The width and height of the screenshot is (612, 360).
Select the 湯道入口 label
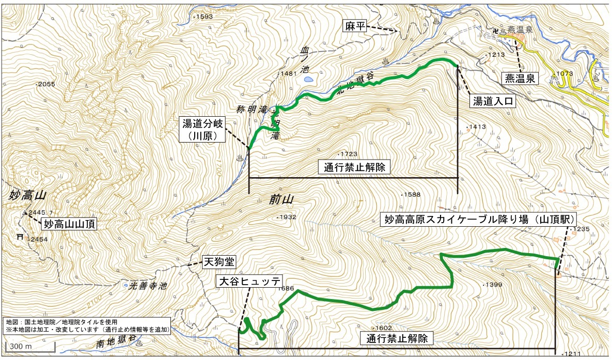tap(493, 101)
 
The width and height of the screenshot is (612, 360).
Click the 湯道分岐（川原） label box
tap(202, 129)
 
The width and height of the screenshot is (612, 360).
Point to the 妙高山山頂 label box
tap(69, 224)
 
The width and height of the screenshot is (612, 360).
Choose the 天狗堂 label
tap(218, 262)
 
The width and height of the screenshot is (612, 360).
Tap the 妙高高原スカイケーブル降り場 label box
tap(478, 219)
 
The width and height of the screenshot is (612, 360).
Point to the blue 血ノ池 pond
tap(308, 80)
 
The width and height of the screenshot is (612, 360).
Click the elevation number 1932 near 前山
tap(287, 217)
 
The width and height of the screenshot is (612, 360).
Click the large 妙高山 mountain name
tap(28, 195)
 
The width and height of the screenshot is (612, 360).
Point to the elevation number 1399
tap(492, 285)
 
